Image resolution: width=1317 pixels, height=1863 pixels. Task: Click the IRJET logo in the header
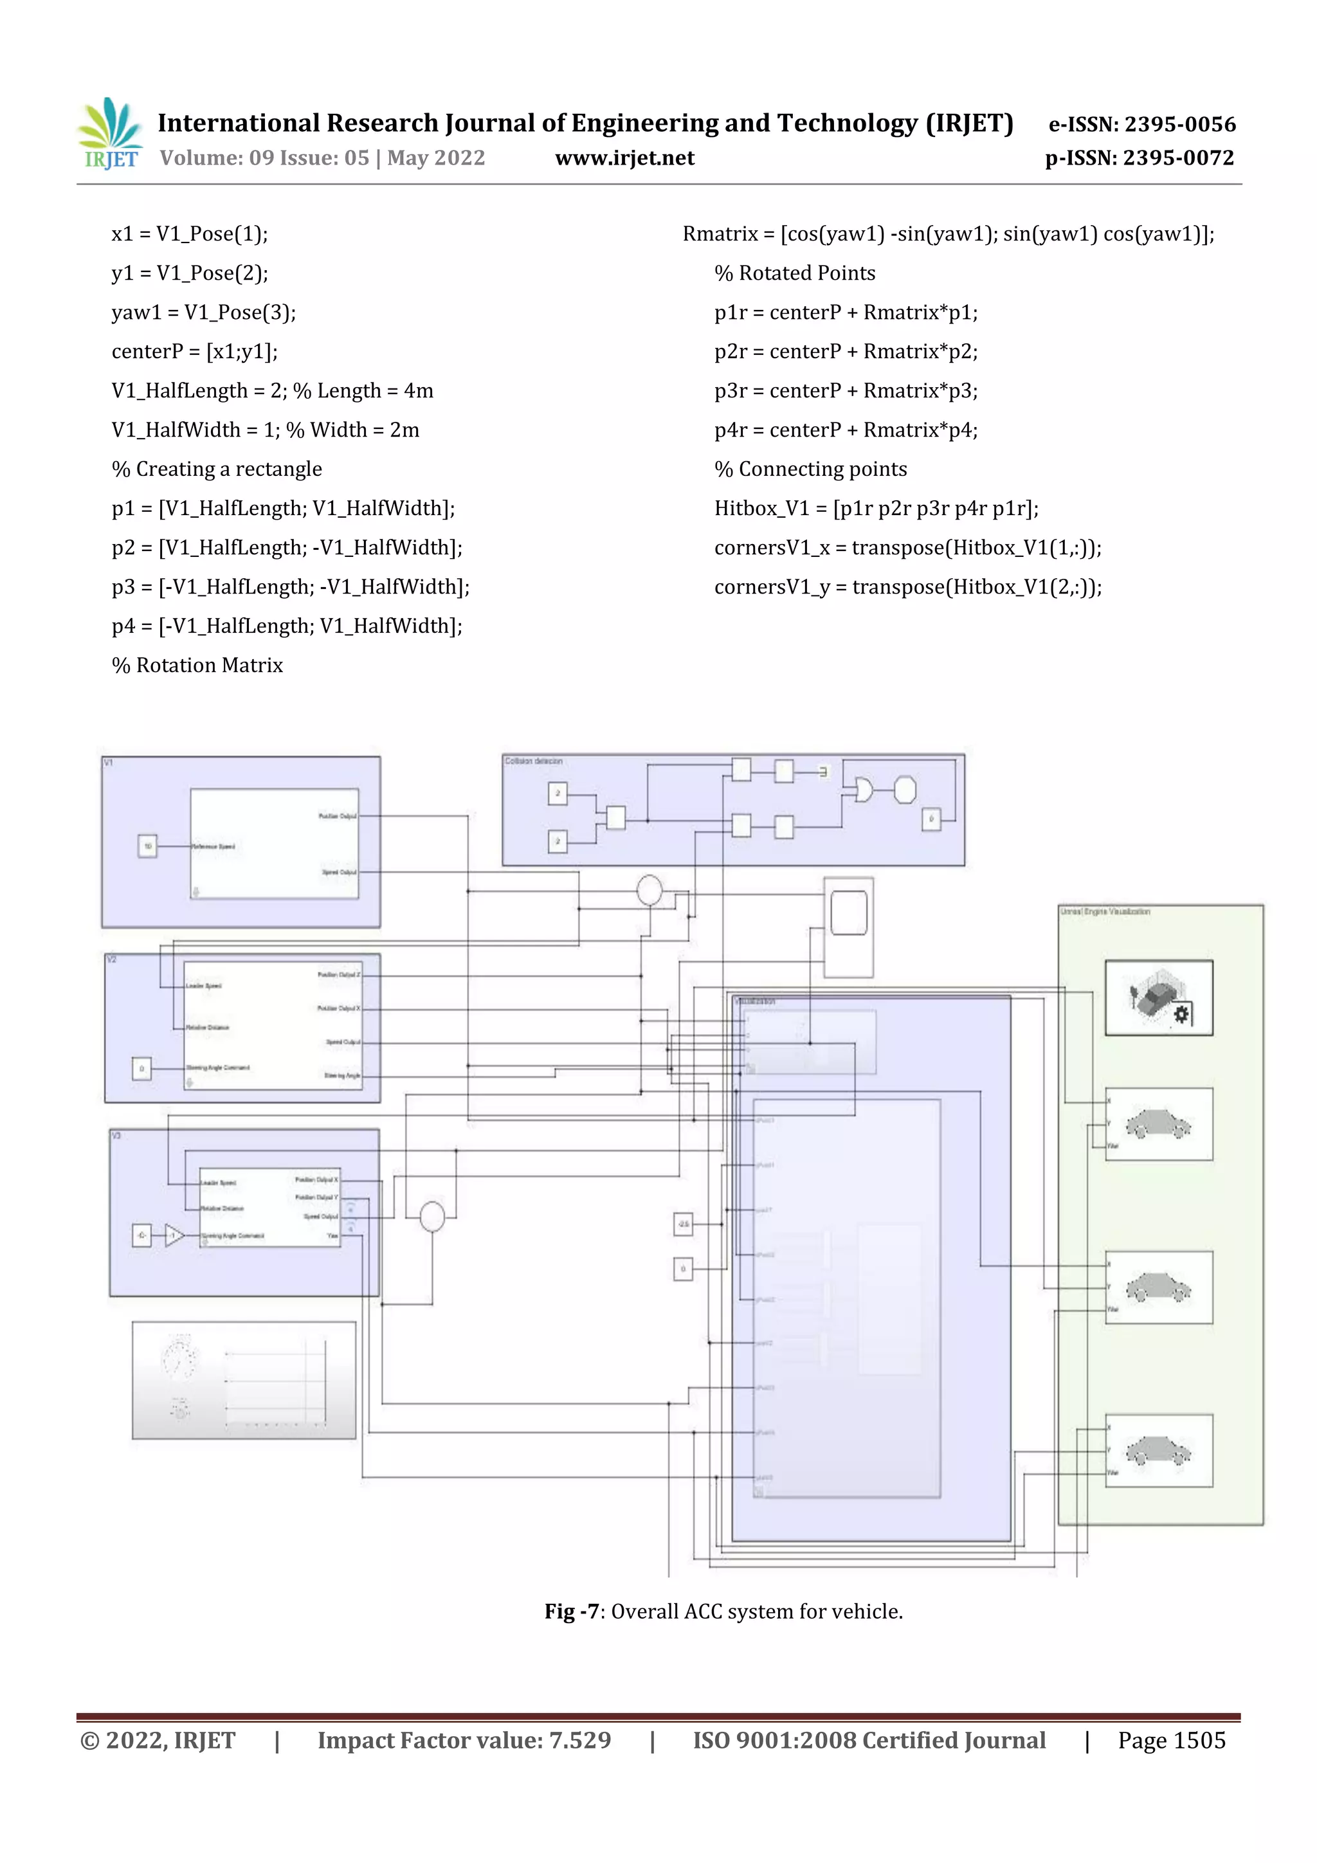coord(109,134)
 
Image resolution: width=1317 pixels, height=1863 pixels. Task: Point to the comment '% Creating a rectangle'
coord(217,469)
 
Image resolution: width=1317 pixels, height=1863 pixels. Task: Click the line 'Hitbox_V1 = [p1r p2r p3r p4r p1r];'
coord(876,508)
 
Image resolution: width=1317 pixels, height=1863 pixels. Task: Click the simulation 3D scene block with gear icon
coord(1158,997)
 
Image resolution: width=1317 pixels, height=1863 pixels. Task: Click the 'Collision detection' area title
coord(533,761)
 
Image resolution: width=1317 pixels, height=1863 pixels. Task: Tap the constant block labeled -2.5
coord(683,1224)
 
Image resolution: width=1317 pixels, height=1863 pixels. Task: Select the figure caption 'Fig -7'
coord(570,1612)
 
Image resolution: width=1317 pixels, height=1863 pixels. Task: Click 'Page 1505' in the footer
coord(1171,1740)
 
